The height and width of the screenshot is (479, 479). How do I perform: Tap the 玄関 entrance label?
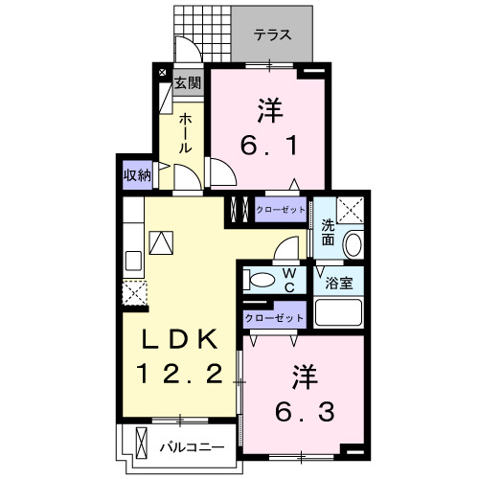188,83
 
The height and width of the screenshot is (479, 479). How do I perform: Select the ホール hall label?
186,133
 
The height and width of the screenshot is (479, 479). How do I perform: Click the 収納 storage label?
137,175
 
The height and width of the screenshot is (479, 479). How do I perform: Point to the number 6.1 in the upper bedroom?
269,146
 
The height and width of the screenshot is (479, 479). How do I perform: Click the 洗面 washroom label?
328,233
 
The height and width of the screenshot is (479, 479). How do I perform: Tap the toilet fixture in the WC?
257,280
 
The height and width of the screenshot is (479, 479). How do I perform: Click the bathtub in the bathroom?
338,312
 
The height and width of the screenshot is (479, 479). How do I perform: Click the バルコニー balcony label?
192,446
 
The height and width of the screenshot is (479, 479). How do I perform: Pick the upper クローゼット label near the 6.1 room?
282,209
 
